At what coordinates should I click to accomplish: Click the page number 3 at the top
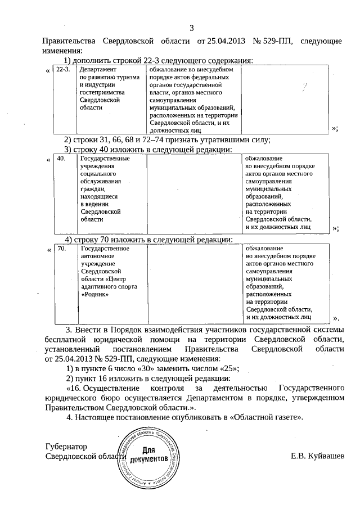click(191, 28)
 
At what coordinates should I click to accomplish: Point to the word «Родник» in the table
click(94, 294)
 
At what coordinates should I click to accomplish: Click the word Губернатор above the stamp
click(66, 447)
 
